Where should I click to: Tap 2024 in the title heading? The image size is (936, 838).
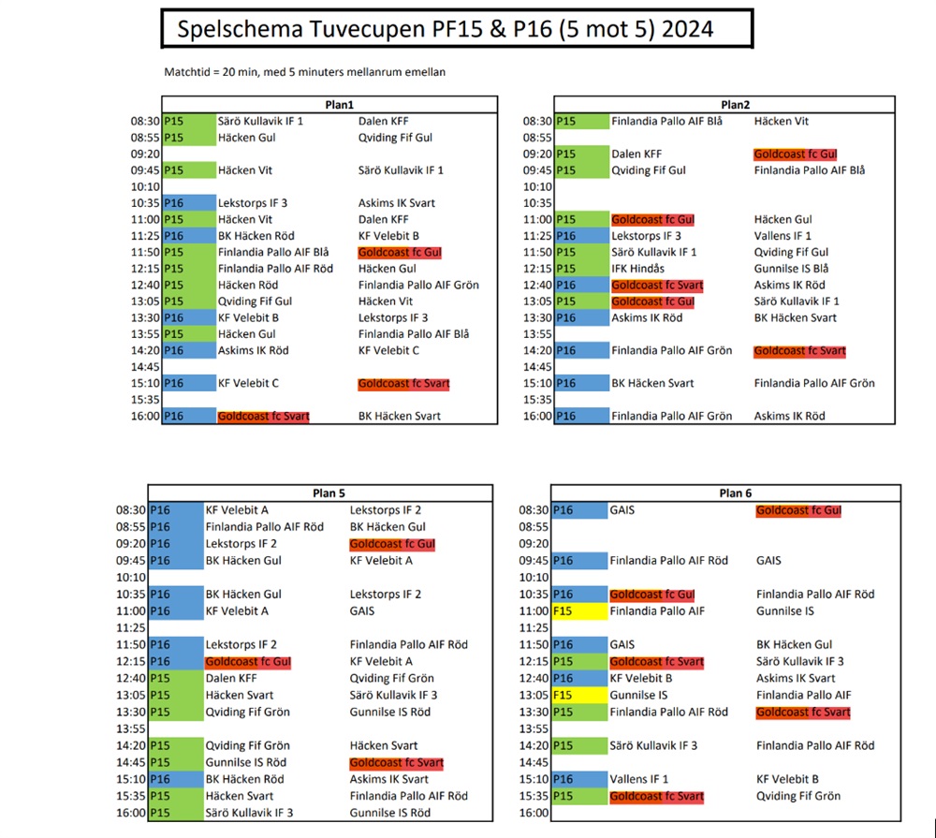click(687, 30)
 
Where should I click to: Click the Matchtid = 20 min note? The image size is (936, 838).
click(303, 72)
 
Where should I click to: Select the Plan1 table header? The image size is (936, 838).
click(330, 104)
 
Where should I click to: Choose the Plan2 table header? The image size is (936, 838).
click(736, 104)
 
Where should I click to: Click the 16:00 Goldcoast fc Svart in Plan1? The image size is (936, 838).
click(263, 416)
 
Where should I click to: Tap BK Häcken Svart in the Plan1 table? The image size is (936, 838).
click(400, 416)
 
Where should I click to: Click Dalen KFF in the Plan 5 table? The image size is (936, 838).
click(231, 678)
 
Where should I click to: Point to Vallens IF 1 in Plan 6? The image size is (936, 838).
click(639, 779)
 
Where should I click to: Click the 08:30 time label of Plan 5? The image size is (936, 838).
click(130, 510)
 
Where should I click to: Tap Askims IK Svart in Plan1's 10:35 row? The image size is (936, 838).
click(396, 203)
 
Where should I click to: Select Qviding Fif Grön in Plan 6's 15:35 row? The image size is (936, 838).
click(798, 796)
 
